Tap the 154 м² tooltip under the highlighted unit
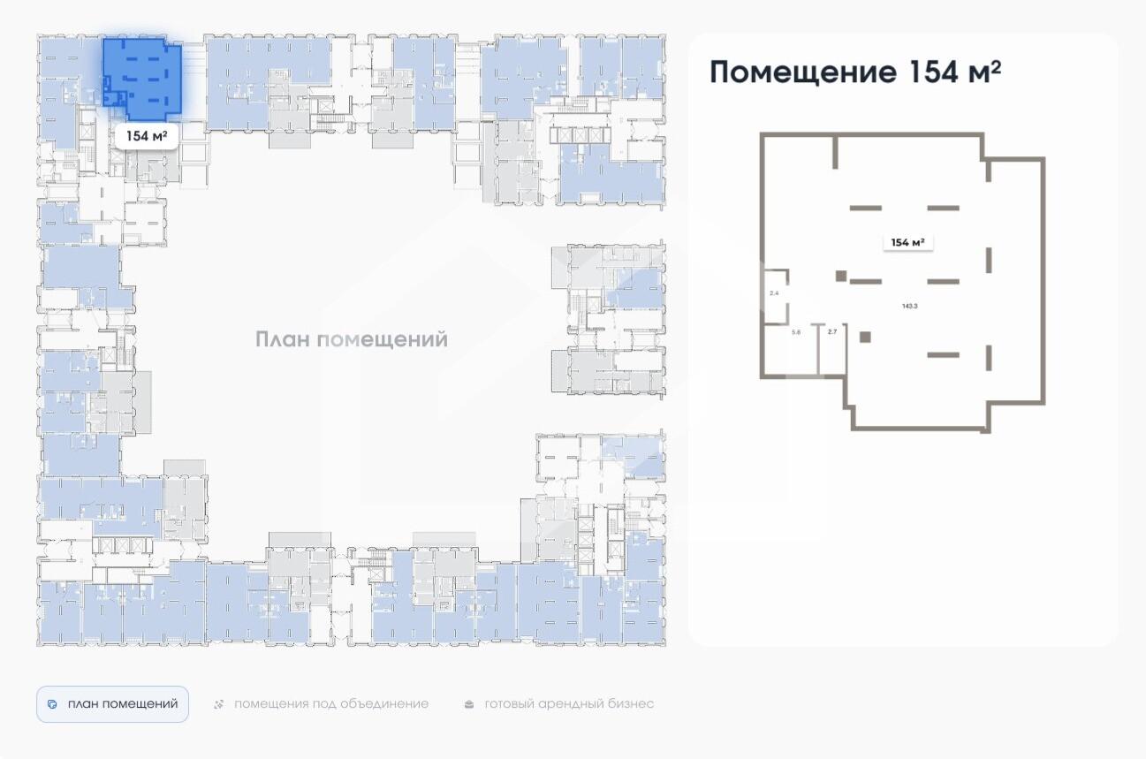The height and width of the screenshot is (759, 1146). click(147, 136)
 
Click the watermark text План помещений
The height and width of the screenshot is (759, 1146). click(352, 339)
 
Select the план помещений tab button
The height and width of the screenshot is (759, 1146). click(112, 704)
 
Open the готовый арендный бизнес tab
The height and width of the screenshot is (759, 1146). click(569, 704)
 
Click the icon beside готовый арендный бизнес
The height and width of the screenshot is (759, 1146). click(469, 704)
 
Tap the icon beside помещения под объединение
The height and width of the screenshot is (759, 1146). click(219, 704)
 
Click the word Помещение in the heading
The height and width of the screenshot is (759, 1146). click(802, 72)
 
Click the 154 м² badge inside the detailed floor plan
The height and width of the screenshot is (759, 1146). click(908, 242)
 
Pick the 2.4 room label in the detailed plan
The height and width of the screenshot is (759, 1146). click(774, 292)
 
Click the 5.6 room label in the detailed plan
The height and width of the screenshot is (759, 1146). click(795, 332)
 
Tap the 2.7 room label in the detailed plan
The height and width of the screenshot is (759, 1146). click(831, 332)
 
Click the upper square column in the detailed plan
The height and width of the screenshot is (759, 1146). click(841, 276)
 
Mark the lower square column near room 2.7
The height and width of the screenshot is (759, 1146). click(865, 337)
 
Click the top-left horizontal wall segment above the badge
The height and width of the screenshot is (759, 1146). click(865, 208)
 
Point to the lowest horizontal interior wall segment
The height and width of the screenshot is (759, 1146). click(943, 354)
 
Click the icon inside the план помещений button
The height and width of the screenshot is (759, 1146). click(52, 704)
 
